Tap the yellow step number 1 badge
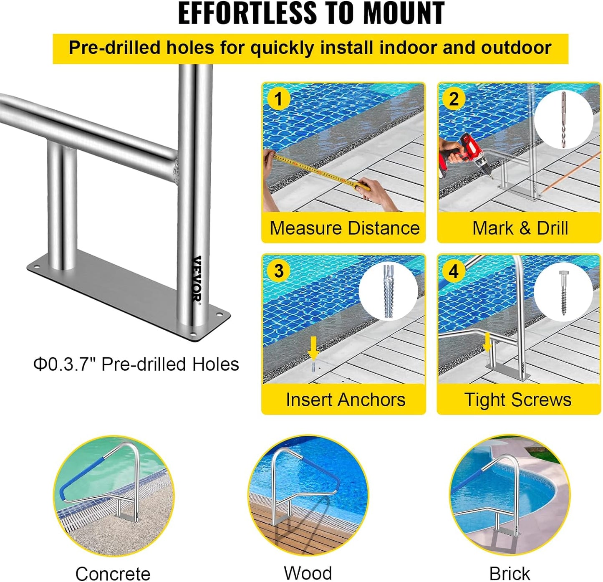point(278,99)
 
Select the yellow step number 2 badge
point(454,99)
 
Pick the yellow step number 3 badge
point(278,271)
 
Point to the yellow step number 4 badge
point(454,271)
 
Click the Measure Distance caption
point(344,228)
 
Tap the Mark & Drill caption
point(520,228)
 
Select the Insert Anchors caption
point(345,400)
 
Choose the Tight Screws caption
point(517,400)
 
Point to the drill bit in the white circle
point(563,119)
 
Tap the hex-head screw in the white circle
point(563,292)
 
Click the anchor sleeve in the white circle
point(388,291)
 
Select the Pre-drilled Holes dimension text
point(136,364)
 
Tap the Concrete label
point(113,573)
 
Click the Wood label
point(308,572)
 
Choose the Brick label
point(509,573)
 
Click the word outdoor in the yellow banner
point(516,48)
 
